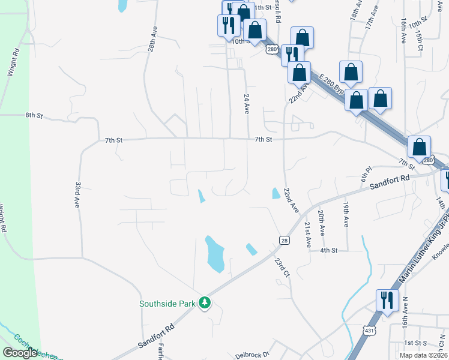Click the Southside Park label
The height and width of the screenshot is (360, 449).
point(167,304)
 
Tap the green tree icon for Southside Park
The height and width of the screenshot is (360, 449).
point(205,302)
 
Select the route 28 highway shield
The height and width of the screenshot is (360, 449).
point(284,240)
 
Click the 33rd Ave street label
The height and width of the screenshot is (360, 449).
point(77,195)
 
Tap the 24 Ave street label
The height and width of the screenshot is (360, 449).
point(246,103)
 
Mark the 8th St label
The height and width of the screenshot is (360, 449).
point(34,115)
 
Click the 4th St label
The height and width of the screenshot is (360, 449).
point(330,250)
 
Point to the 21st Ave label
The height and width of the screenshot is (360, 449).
point(307,234)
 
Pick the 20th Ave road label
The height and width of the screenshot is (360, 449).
point(322,222)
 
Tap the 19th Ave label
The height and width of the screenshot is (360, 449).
point(346,214)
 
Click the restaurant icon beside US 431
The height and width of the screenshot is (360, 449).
point(386,299)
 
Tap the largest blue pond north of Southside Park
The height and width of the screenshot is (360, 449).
point(215,253)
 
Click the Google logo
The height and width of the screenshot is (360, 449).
point(20,353)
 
